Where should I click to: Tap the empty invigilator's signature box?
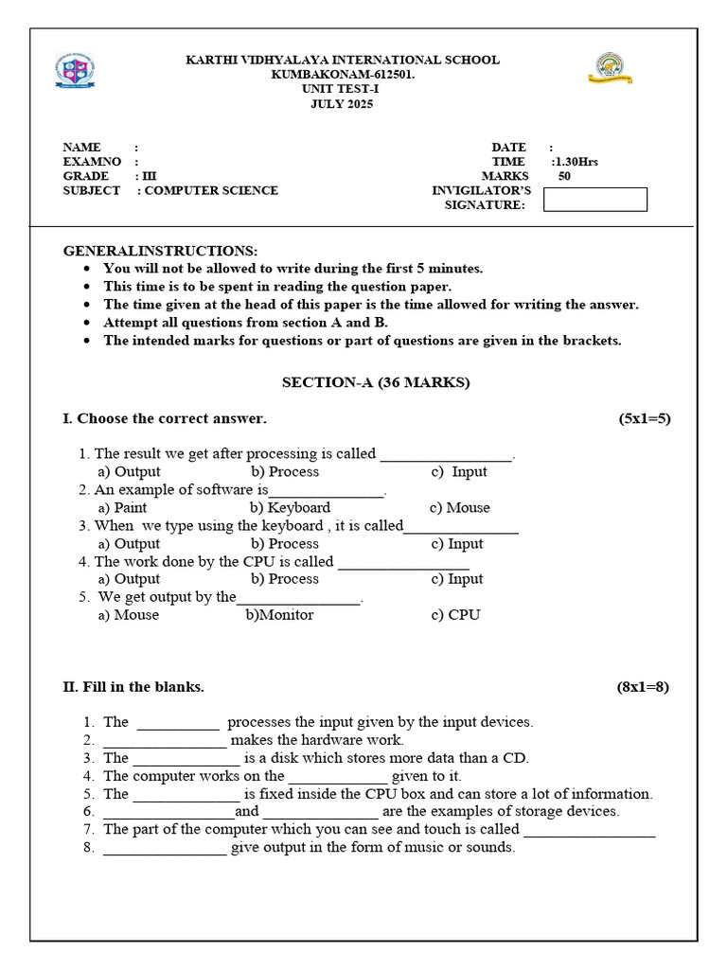[595, 200]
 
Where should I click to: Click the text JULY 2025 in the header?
[343, 104]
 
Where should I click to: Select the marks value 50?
[564, 176]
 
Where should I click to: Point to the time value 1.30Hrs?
[576, 162]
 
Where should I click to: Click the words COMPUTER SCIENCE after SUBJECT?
[211, 190]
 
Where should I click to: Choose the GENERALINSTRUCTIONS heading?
[160, 251]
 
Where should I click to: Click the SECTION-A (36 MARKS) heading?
[376, 383]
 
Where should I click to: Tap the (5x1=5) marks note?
[644, 418]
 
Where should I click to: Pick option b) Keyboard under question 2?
[291, 508]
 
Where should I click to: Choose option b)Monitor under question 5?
[279, 615]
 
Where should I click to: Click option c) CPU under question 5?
[456, 615]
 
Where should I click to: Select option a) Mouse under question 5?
[129, 615]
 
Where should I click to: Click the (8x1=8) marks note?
[643, 687]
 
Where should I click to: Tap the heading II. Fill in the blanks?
[133, 687]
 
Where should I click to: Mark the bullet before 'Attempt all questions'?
[87, 323]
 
